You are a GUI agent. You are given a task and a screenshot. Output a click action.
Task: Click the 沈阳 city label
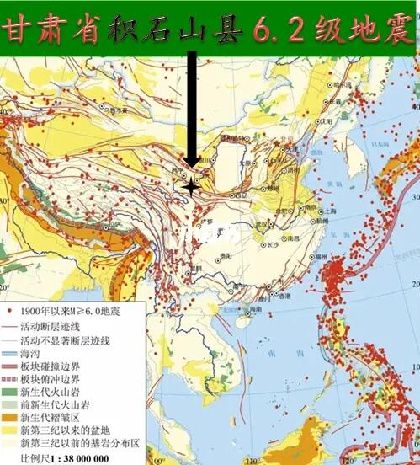324,120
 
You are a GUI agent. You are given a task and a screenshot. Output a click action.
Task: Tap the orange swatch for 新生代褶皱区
10,418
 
